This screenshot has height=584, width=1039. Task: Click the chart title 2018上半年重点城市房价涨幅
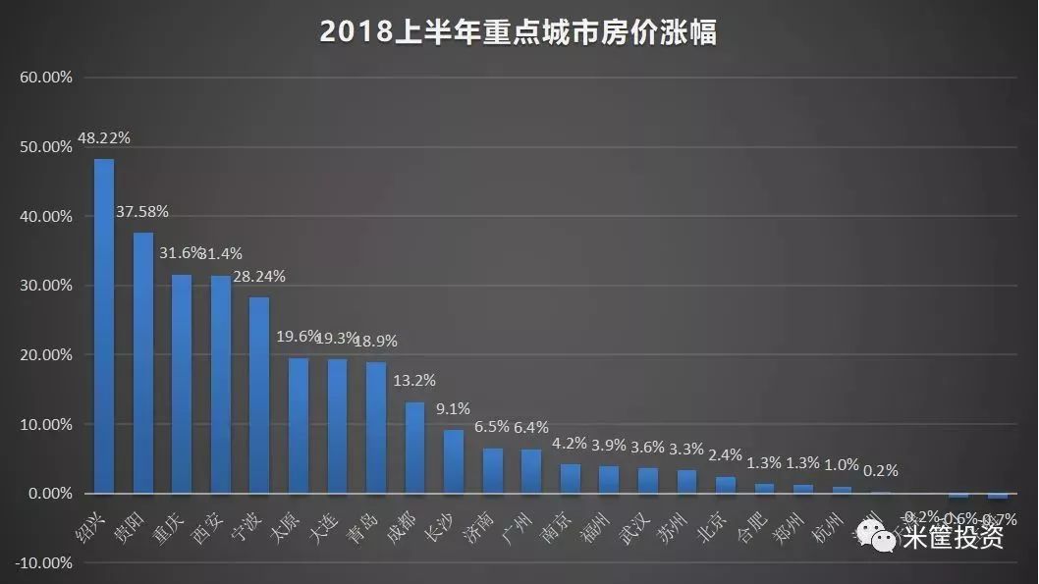(x=519, y=31)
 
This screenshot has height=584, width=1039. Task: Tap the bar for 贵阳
(x=143, y=363)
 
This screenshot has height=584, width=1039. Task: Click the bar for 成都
(x=414, y=448)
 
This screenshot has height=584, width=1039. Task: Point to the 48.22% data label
(x=104, y=139)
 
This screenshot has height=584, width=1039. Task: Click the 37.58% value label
(x=143, y=211)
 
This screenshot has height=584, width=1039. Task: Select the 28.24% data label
(x=259, y=277)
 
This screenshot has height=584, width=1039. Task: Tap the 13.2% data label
(x=414, y=381)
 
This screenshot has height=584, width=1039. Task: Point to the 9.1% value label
(x=453, y=409)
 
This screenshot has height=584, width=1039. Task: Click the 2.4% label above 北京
(x=725, y=454)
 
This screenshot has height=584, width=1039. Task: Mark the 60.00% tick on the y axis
(x=45, y=77)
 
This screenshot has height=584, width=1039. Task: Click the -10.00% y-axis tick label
(x=43, y=563)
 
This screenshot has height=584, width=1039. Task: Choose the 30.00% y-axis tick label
(x=45, y=286)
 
